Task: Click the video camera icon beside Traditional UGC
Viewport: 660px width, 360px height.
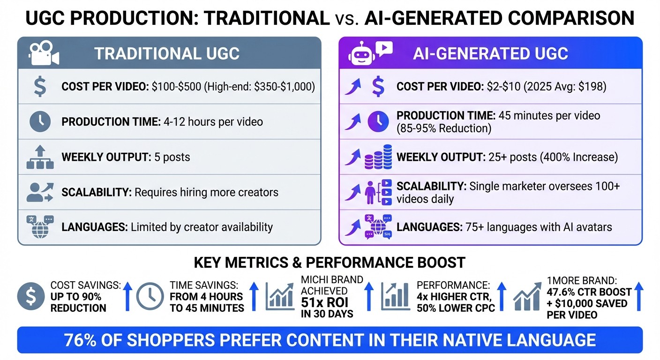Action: pos(44,53)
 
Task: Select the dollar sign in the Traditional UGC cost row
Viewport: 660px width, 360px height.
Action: pos(39,87)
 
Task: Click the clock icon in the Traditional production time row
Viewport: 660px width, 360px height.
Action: pos(40,122)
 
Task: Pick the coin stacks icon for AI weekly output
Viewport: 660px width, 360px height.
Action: pos(378,157)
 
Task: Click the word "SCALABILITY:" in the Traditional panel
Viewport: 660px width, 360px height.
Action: pos(96,192)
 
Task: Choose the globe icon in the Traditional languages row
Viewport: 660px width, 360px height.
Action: pos(40,227)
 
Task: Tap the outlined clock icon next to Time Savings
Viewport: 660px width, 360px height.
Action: pos(150,297)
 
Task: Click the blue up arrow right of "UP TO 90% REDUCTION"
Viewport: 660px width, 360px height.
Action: pos(127,297)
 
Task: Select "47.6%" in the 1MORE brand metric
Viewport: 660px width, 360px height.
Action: pos(563,292)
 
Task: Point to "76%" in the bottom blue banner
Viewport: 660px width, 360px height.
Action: pos(83,339)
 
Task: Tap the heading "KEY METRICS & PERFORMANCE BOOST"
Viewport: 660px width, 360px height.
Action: pos(330,262)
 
